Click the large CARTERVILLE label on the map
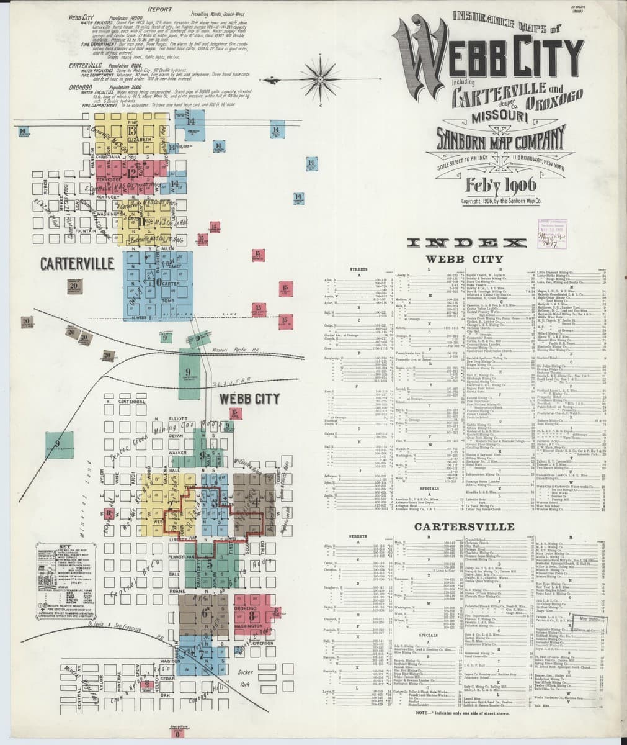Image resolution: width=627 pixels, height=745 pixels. point(68,263)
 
